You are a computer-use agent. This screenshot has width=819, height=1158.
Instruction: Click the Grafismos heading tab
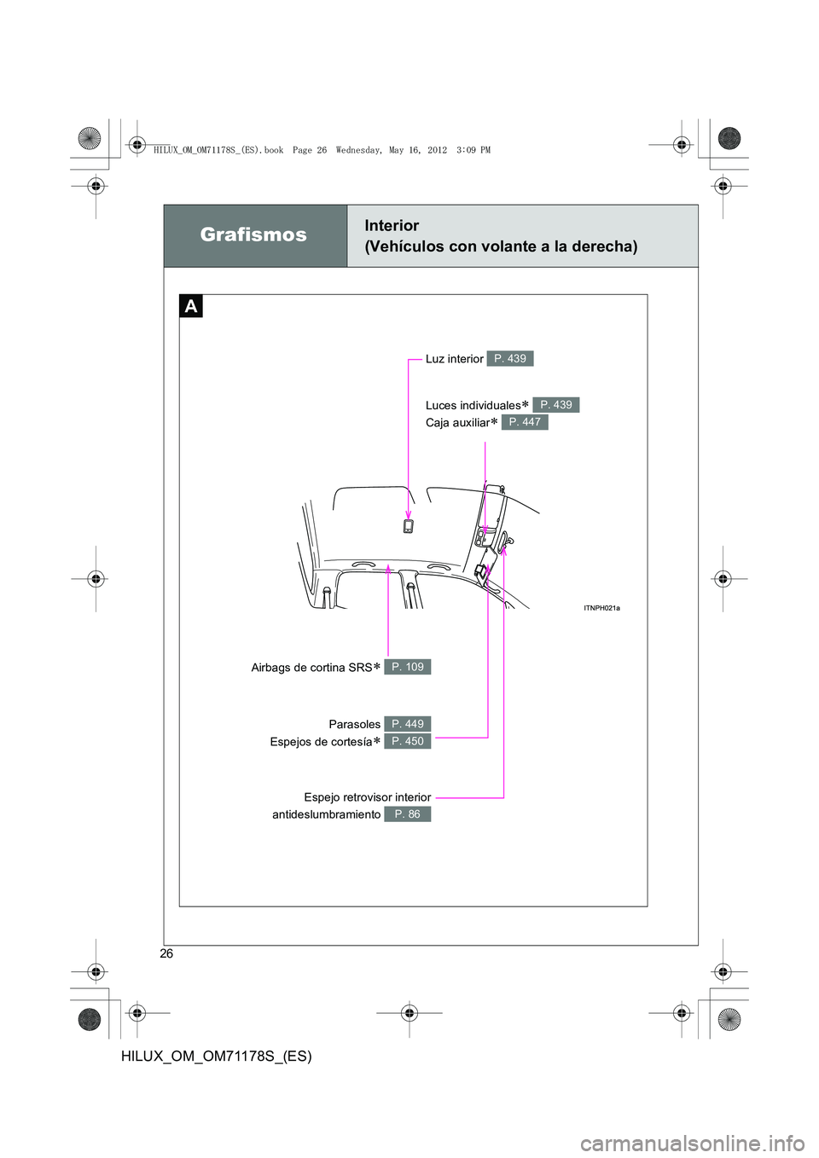254,235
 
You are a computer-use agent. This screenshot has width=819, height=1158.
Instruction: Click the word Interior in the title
392,226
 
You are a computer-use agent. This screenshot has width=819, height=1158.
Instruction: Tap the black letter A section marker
191,306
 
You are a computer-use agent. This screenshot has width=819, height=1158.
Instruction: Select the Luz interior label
454,359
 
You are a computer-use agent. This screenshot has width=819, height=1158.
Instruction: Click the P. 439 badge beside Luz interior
510,359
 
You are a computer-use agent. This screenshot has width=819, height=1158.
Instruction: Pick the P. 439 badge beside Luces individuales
556,405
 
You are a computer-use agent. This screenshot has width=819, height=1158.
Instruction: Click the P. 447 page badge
525,422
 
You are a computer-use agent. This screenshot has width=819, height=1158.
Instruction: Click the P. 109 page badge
407,667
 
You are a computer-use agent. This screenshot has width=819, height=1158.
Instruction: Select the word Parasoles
354,724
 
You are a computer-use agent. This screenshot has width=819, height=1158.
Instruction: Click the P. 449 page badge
407,724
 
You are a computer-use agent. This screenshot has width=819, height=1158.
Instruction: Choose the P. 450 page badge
407,742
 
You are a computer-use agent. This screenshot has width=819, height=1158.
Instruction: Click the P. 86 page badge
407,814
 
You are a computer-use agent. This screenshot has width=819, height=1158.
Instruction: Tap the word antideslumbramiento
326,814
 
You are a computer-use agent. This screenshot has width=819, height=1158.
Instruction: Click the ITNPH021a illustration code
601,608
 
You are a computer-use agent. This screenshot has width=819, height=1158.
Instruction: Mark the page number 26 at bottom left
166,953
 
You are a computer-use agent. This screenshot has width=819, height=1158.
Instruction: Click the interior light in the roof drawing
409,526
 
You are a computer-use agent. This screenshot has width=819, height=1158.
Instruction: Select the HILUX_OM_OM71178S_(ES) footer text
217,1056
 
